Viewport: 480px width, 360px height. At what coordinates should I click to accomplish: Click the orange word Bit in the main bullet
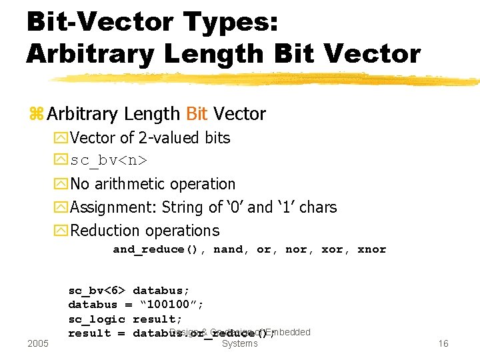(x=197, y=114)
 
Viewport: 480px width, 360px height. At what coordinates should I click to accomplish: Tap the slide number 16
(x=443, y=343)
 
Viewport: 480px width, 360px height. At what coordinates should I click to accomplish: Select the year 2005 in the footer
(x=38, y=343)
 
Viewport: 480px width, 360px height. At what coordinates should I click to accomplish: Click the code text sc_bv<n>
(x=109, y=161)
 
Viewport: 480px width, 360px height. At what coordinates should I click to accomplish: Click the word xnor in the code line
(x=371, y=249)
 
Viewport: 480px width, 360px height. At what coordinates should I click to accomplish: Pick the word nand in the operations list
(x=228, y=249)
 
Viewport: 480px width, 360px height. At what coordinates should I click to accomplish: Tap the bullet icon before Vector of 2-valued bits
(x=62, y=138)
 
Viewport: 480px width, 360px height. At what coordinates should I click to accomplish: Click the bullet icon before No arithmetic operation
(x=62, y=184)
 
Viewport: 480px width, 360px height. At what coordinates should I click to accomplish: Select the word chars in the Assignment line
(x=318, y=207)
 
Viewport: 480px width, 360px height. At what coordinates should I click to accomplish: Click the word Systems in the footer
(x=239, y=343)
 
